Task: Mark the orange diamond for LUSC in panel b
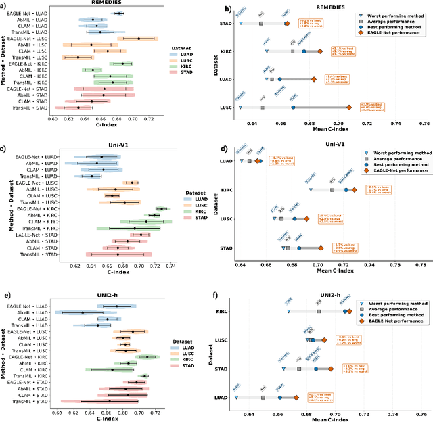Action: coord(349,107)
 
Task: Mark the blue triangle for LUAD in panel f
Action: coord(236,398)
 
